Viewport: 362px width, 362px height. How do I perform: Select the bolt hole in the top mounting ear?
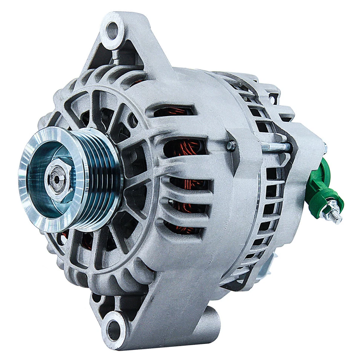tap(112, 30)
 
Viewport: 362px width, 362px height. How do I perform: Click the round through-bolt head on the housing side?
tap(232, 145)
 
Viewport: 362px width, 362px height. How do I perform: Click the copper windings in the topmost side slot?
tap(173, 112)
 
